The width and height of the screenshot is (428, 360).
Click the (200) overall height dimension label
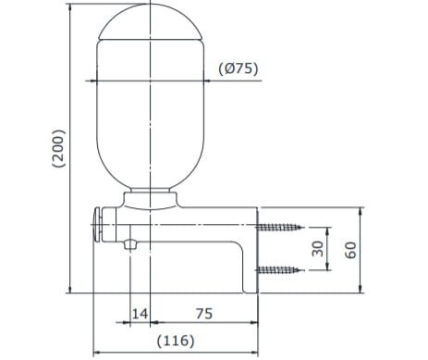click(x=58, y=148)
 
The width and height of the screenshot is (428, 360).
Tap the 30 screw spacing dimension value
click(x=317, y=248)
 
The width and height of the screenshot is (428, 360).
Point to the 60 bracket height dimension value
click(x=350, y=250)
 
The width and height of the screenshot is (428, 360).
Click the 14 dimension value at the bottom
click(x=140, y=315)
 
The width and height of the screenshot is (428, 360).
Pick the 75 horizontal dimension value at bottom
click(x=204, y=315)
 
